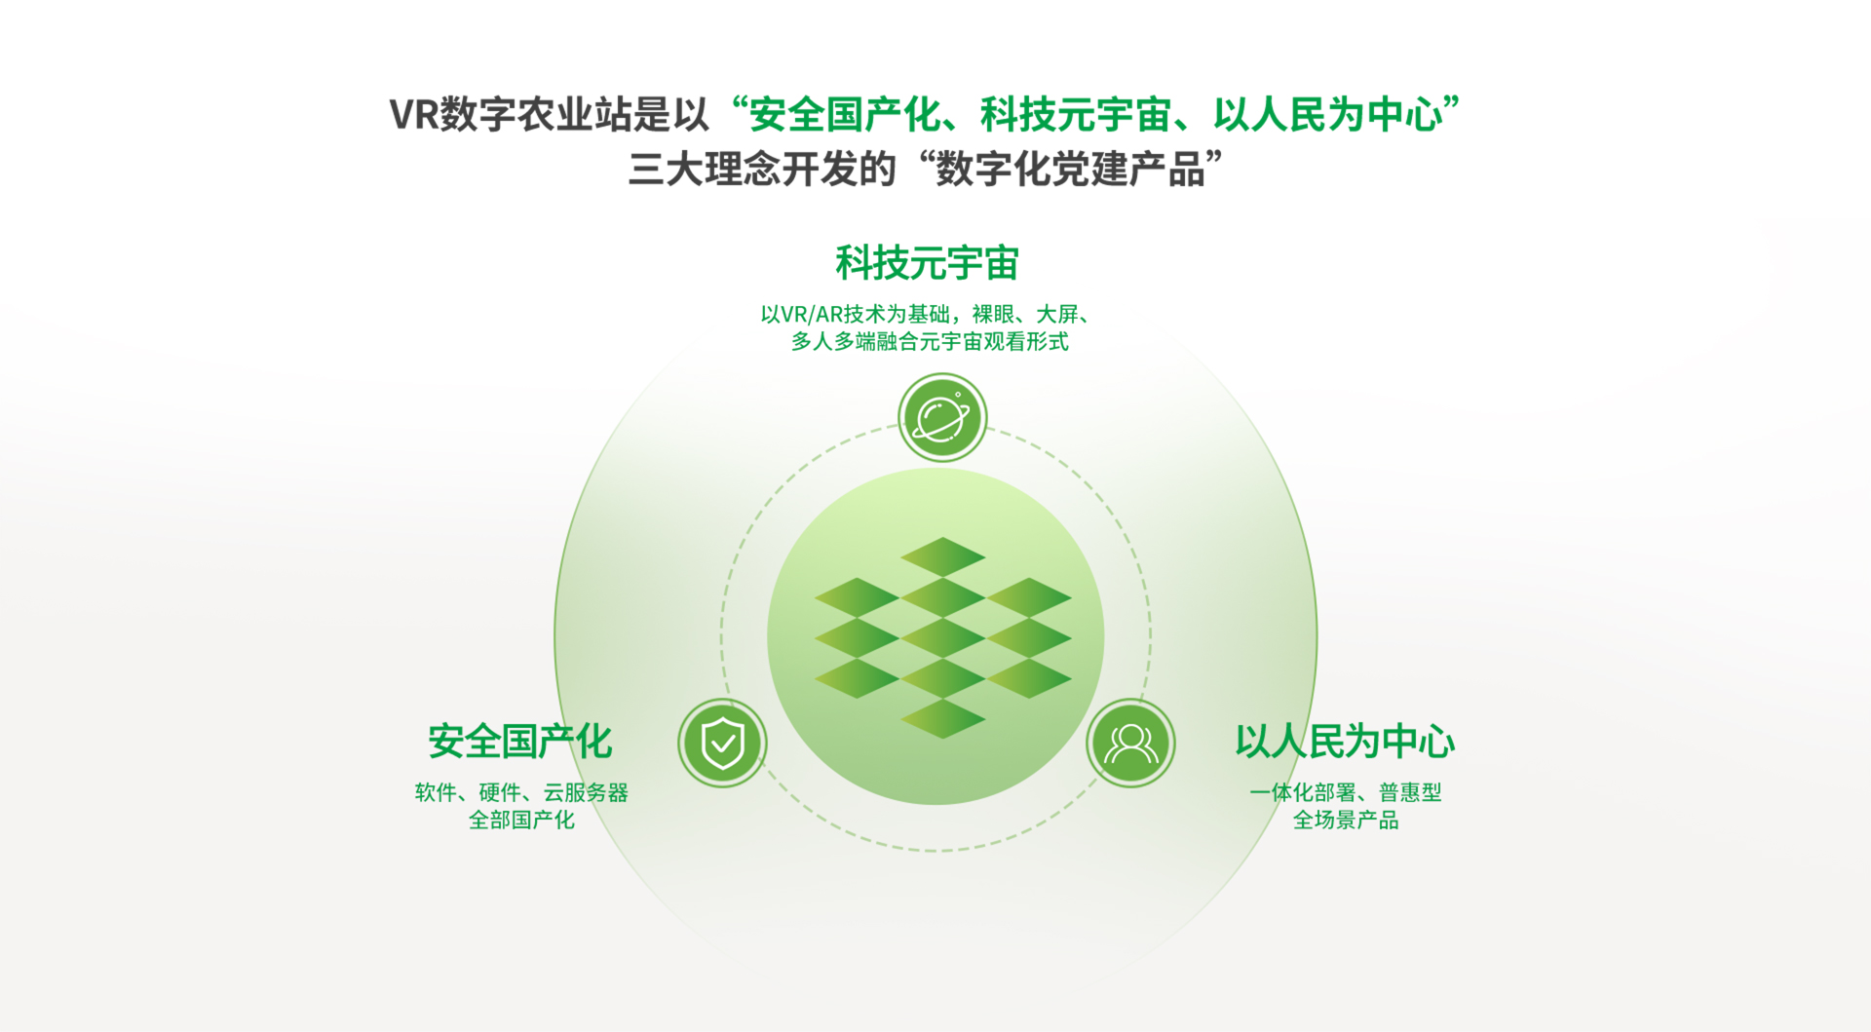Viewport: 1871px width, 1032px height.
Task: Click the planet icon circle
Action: tap(942, 418)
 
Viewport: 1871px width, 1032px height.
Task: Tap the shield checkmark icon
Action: tap(722, 743)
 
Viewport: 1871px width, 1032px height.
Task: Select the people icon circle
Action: tap(1130, 743)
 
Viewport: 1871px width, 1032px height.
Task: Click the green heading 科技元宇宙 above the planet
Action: tap(927, 263)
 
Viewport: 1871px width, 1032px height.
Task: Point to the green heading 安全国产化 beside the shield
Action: tap(520, 742)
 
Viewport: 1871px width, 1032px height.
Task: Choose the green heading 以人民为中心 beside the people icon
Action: tap(1345, 742)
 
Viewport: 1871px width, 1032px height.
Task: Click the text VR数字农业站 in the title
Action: tap(511, 114)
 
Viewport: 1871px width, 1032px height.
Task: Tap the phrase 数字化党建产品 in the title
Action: tap(1070, 169)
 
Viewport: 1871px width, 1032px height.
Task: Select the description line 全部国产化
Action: tap(521, 820)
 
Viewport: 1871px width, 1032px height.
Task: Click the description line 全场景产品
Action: tap(1345, 820)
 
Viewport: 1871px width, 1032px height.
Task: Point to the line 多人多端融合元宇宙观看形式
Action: tap(930, 341)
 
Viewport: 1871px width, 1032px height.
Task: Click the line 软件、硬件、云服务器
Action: tap(521, 792)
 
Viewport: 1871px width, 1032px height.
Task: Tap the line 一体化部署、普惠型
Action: tap(1345, 792)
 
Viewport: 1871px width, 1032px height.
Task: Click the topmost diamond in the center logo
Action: tap(942, 556)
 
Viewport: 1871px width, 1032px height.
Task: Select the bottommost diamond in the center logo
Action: tap(942, 718)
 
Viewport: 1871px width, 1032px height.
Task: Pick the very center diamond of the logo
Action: tap(942, 637)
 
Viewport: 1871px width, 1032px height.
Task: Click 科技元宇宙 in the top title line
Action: tap(1076, 114)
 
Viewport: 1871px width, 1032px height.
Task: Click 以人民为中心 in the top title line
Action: tap(1327, 114)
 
